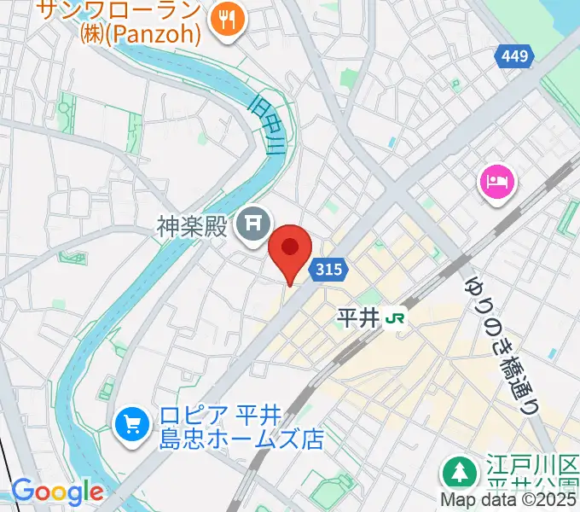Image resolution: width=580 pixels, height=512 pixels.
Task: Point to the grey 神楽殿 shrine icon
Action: [x=252, y=225]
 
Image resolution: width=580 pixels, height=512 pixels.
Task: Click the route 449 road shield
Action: [x=515, y=57]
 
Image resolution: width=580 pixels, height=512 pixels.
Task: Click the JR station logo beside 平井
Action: [x=395, y=318]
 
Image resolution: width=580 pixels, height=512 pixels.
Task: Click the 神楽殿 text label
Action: [x=193, y=226]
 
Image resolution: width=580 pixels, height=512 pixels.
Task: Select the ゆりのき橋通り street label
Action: [x=502, y=345]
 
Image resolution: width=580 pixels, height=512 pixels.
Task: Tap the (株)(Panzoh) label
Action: [x=142, y=35]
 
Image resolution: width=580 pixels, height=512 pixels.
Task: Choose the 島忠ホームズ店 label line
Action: [x=242, y=440]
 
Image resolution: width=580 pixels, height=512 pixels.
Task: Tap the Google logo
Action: [x=57, y=492]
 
